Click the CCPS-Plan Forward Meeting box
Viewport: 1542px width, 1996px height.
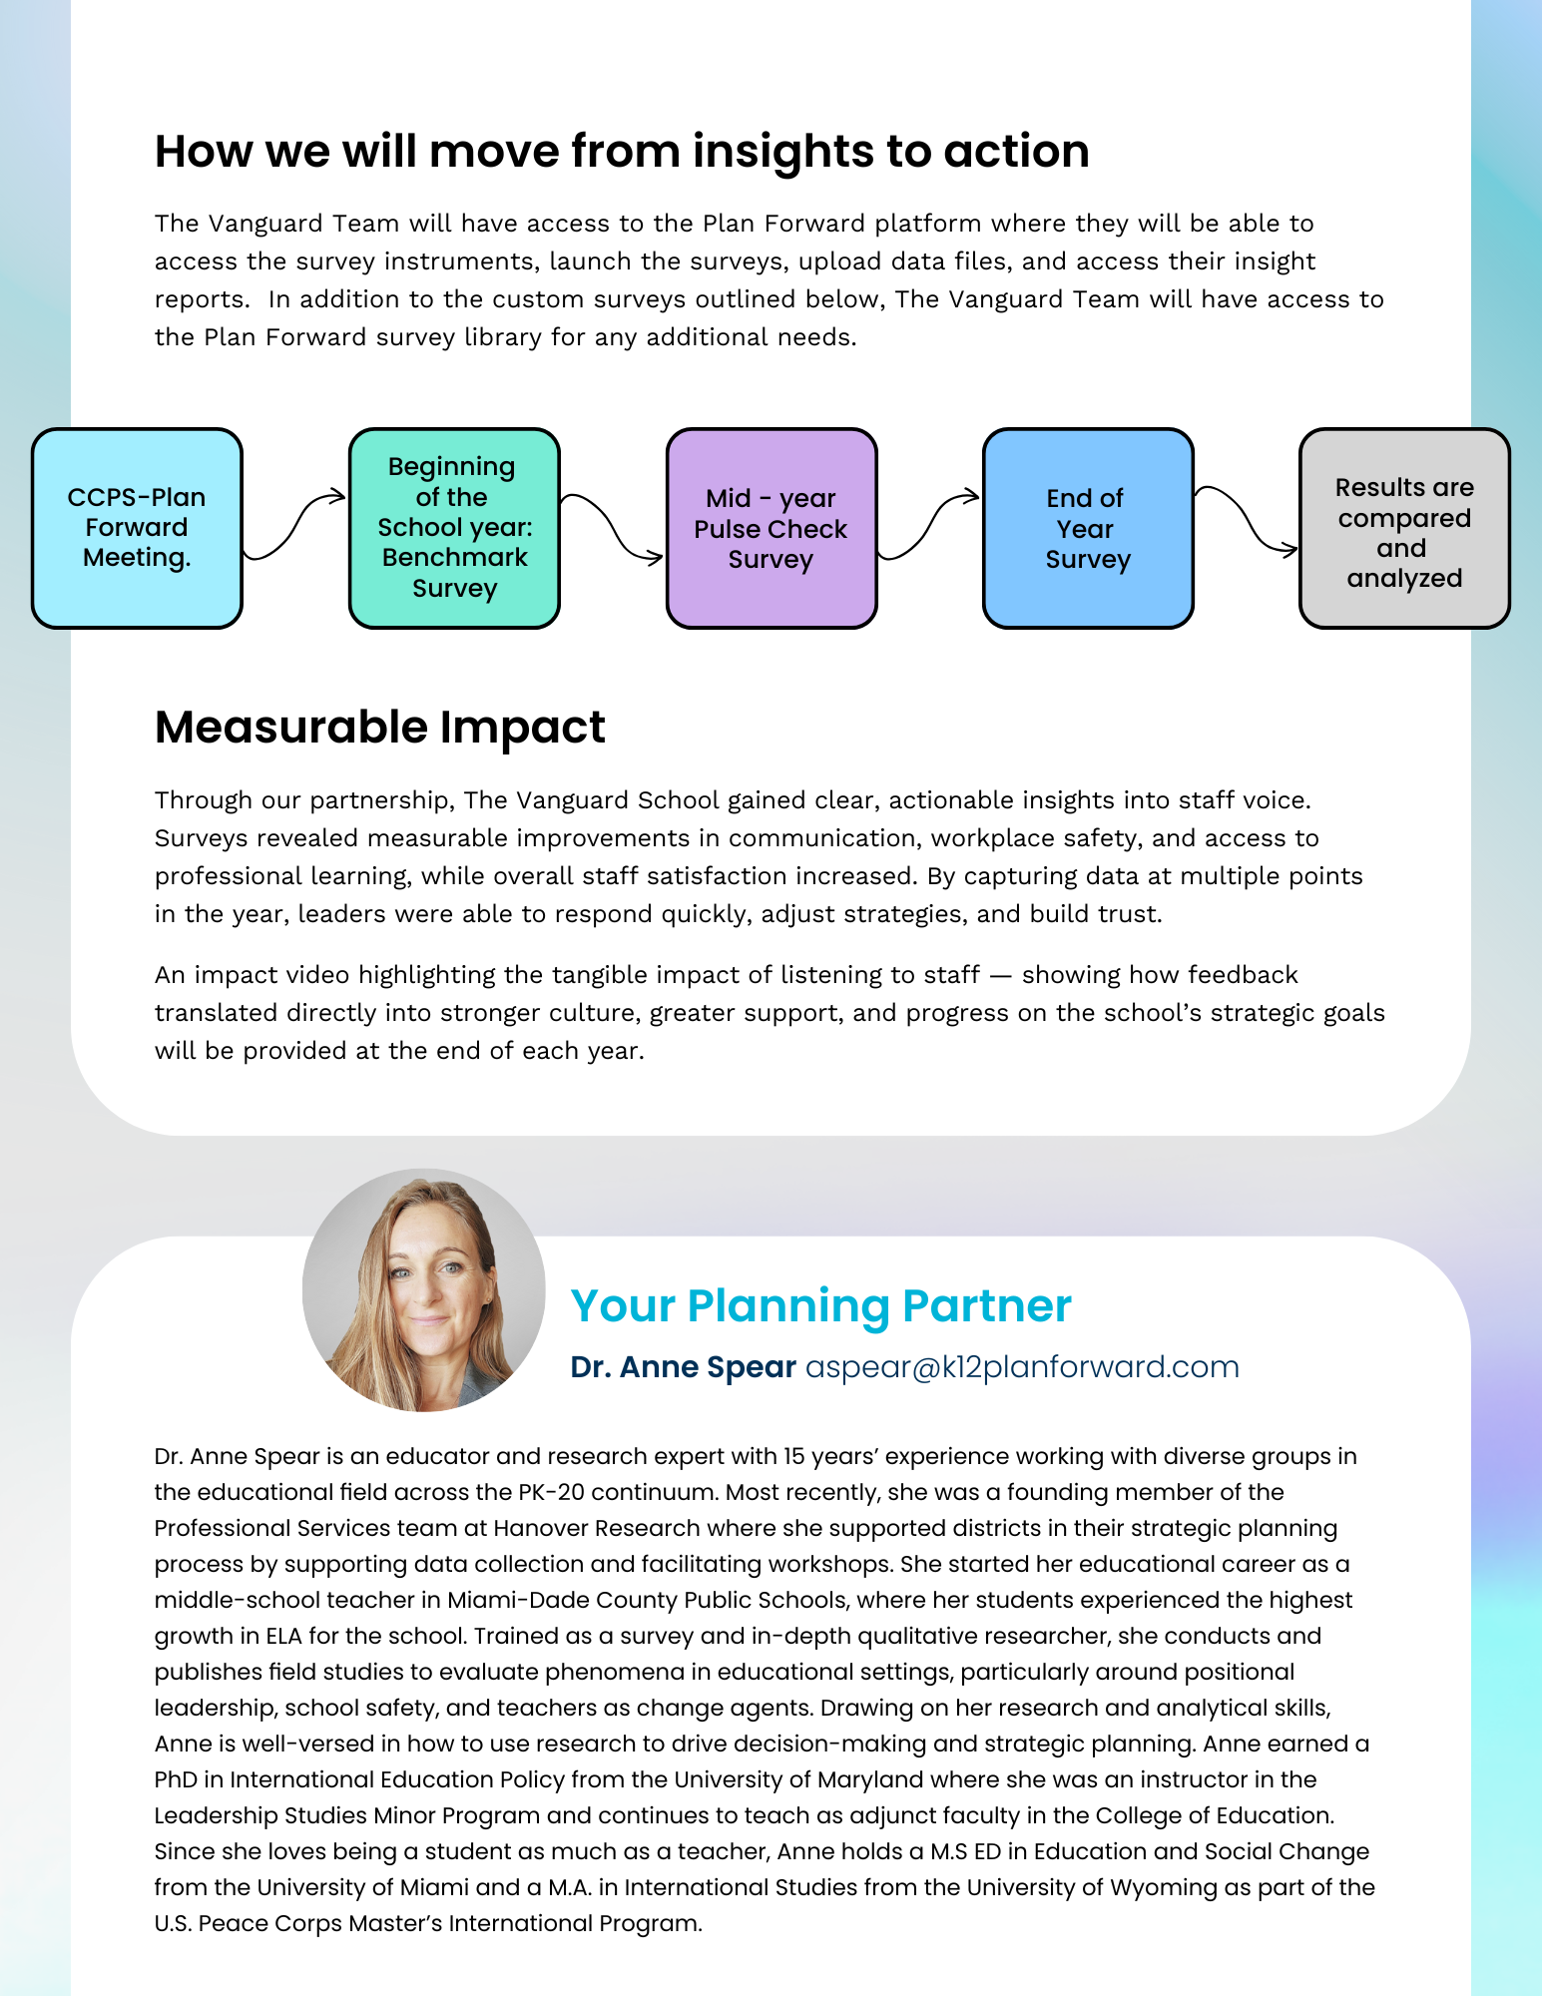click(137, 528)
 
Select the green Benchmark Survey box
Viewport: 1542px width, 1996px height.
click(454, 528)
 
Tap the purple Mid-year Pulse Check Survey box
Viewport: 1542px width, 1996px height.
click(771, 528)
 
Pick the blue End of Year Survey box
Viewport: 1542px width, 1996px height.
click(1088, 528)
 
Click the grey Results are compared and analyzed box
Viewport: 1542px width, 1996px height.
click(1404, 528)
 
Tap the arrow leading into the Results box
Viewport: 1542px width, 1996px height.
click(1246, 519)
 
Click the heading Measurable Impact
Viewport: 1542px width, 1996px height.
click(379, 728)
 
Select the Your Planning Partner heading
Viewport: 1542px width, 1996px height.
click(820, 1305)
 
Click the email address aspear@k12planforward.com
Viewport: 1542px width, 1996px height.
click(1022, 1367)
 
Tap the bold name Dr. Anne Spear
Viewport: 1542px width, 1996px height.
click(683, 1367)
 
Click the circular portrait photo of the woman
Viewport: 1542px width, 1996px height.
click(424, 1290)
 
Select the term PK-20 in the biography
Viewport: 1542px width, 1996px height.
click(548, 1492)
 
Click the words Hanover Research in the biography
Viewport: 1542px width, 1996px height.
click(596, 1528)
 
